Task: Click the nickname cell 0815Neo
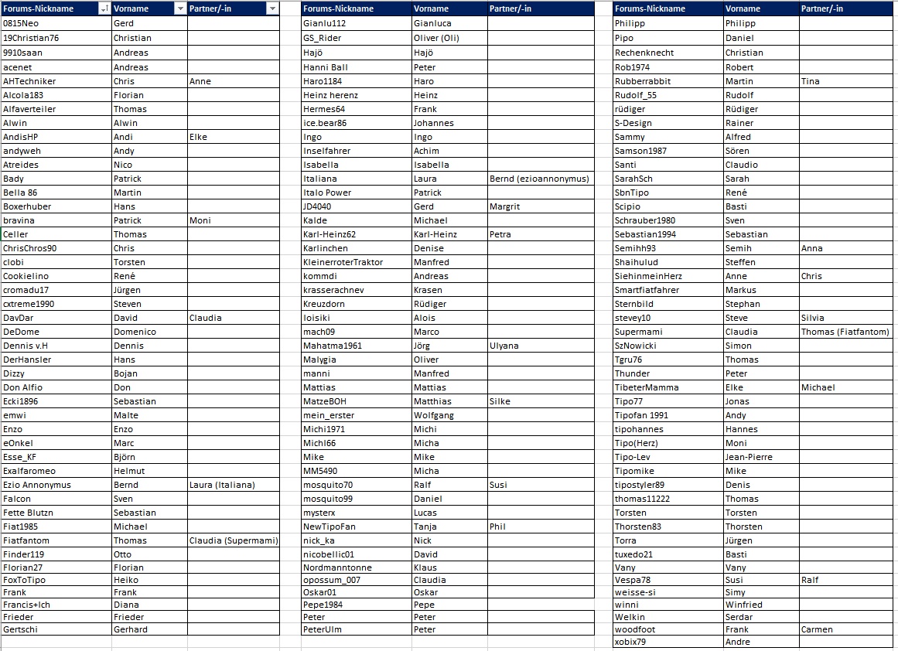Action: (21, 23)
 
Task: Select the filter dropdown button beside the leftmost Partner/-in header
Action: (271, 9)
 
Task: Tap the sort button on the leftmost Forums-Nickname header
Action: (104, 9)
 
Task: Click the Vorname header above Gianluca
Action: (431, 9)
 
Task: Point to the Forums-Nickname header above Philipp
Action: (650, 9)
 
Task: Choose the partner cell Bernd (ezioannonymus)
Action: (539, 179)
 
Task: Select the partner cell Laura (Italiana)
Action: (222, 485)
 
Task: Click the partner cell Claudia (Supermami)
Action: (233, 540)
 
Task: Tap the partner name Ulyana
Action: (504, 346)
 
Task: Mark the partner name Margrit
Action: (505, 206)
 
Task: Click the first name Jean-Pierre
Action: (749, 457)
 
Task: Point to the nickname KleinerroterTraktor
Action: (343, 262)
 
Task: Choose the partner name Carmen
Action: (817, 629)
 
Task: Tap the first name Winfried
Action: (743, 605)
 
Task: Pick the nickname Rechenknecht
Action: (644, 53)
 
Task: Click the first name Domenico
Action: (135, 332)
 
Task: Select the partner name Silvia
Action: (813, 318)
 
